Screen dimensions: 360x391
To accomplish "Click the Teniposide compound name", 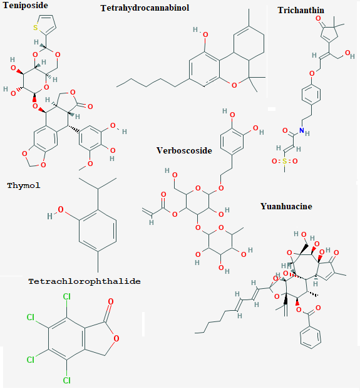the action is [x=25, y=5].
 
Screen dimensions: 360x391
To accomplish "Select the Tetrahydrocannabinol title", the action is [x=145, y=8].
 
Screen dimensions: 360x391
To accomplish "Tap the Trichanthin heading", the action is [x=301, y=10].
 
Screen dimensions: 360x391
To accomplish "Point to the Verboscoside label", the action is [x=184, y=150].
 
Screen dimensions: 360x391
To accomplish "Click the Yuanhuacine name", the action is [x=286, y=206].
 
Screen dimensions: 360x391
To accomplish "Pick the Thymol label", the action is [x=24, y=185].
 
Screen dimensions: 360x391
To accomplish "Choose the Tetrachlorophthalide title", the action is [x=85, y=281].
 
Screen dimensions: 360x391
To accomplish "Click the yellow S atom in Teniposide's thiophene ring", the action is [x=36, y=28].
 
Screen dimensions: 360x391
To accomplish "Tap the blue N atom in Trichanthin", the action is [x=302, y=130].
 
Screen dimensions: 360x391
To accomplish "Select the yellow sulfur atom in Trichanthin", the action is [x=284, y=161].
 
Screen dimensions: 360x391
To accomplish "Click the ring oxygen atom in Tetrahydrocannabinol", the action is [x=234, y=85].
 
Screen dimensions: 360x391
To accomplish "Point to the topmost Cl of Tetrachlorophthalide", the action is [x=66, y=296].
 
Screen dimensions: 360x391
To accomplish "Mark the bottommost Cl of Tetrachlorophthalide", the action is [x=66, y=380].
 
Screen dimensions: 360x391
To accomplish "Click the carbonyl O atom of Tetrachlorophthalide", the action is [x=111, y=301].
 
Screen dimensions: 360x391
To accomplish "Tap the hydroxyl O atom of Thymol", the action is [x=61, y=210].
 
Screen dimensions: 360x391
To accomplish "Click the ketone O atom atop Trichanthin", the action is [x=318, y=18].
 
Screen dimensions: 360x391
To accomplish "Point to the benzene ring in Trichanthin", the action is [x=311, y=95].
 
